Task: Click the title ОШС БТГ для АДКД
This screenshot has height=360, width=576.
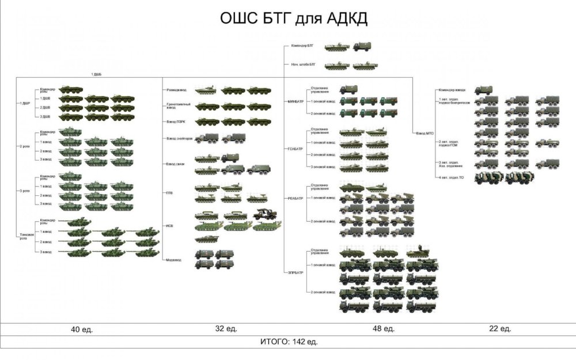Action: pyautogui.click(x=294, y=18)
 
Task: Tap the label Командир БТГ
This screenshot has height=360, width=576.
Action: pyautogui.click(x=302, y=46)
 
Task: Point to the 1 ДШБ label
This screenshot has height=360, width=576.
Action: pyautogui.click(x=97, y=75)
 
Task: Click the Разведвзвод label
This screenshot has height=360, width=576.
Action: pyautogui.click(x=176, y=90)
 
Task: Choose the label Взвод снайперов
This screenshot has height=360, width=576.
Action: pyautogui.click(x=179, y=139)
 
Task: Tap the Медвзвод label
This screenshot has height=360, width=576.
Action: pyautogui.click(x=174, y=260)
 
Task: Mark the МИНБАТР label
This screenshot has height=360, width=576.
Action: pyautogui.click(x=295, y=101)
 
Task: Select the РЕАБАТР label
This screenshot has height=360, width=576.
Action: pyautogui.click(x=295, y=198)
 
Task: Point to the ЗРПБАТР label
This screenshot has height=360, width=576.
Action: pyautogui.click(x=295, y=271)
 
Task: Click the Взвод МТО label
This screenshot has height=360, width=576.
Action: pyautogui.click(x=425, y=133)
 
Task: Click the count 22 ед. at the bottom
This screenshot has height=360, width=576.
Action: pyautogui.click(x=500, y=328)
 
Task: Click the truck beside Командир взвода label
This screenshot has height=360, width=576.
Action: pyautogui.click(x=483, y=90)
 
